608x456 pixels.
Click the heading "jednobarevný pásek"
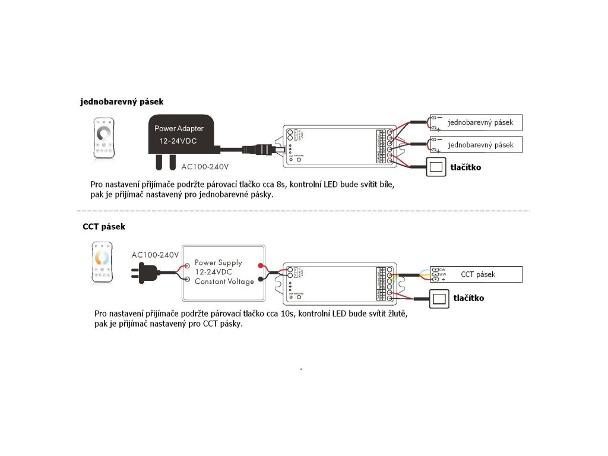pyautogui.click(x=122, y=102)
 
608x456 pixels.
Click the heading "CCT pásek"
pyautogui.click(x=104, y=227)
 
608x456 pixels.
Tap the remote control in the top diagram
pyautogui.click(x=104, y=138)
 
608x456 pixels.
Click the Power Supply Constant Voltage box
pyautogui.click(x=223, y=272)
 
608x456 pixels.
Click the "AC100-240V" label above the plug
pyautogui.click(x=155, y=255)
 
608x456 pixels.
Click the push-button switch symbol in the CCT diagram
pyautogui.click(x=439, y=299)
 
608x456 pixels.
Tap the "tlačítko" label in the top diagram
pyautogui.click(x=465, y=167)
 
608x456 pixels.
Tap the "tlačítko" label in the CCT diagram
pyautogui.click(x=468, y=298)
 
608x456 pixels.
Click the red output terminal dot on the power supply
pyautogui.click(x=259, y=265)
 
